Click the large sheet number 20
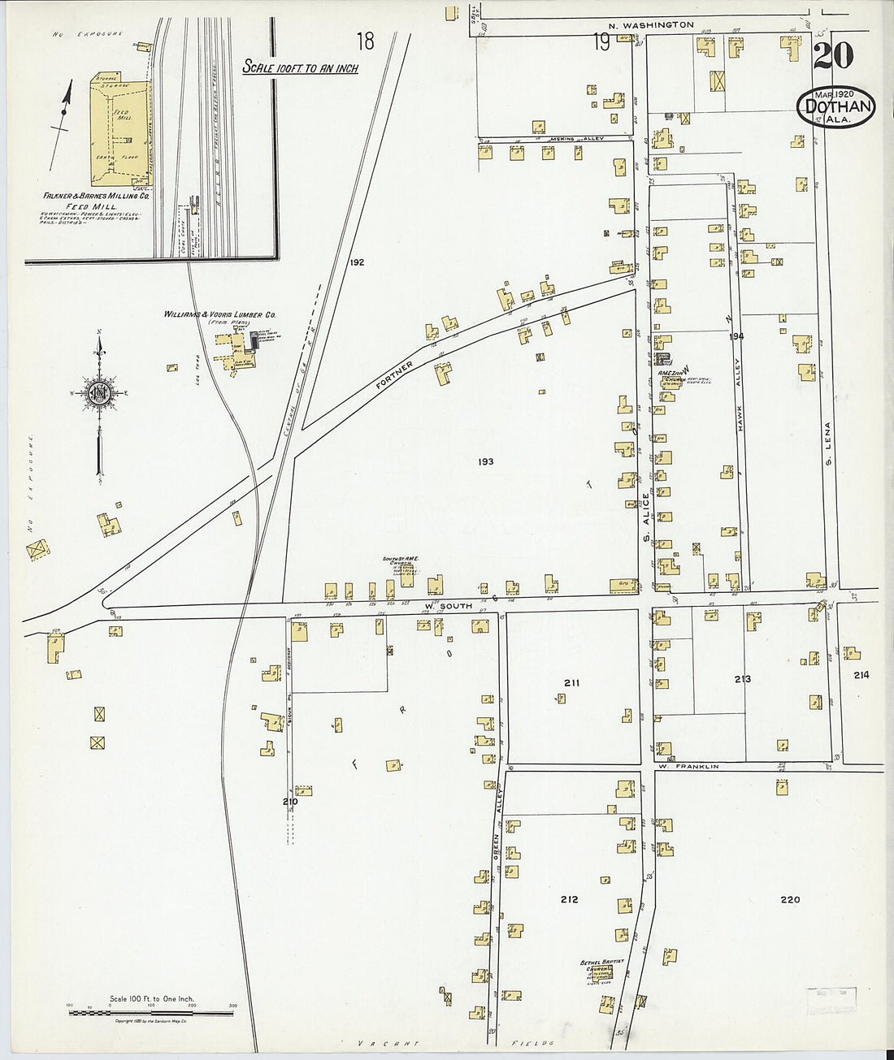832,56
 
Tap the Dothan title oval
836,106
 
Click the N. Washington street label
652,25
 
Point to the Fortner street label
395,377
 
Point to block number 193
486,461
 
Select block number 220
789,899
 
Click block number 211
571,682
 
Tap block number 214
861,674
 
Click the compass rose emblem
99,394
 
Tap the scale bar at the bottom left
151,1013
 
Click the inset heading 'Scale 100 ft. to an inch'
300,68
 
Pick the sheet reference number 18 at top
365,41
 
